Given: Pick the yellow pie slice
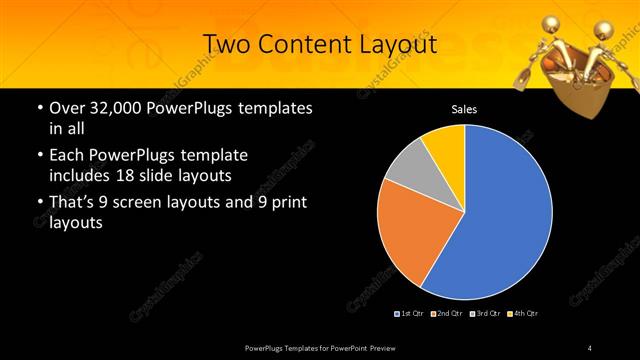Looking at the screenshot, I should [x=444, y=141].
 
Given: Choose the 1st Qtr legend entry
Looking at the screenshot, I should [x=412, y=314].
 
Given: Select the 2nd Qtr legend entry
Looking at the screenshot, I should [x=447, y=314].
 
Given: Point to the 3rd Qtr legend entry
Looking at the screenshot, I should [x=484, y=314].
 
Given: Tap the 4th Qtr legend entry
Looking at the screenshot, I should [x=521, y=314].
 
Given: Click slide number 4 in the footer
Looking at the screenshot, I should [x=590, y=347].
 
